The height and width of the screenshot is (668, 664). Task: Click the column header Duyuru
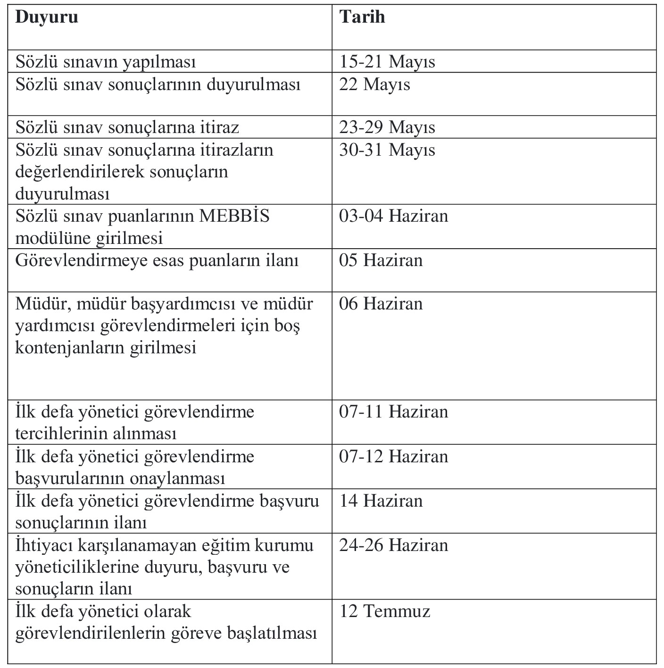[x=47, y=17]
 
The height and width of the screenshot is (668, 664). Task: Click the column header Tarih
[x=362, y=17]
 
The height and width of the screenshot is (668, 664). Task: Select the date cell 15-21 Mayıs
[x=387, y=62]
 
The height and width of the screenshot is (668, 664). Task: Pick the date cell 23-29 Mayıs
[x=387, y=127]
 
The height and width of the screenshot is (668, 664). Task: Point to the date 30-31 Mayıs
[x=387, y=150]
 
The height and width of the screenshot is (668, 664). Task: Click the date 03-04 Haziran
[x=393, y=216]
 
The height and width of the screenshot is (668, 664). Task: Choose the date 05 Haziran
[x=381, y=260]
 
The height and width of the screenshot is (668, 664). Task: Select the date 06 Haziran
[x=381, y=303]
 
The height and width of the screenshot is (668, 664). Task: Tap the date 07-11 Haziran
[x=393, y=412]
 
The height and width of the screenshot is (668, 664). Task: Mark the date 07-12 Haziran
[x=393, y=457]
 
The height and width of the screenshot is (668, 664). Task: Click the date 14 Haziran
[x=381, y=501]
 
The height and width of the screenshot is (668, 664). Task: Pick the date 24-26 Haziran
[x=393, y=545]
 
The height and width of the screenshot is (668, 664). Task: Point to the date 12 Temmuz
[x=384, y=611]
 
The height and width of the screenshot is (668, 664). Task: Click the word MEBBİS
[x=234, y=216]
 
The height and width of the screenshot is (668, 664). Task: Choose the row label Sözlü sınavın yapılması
[x=106, y=62]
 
